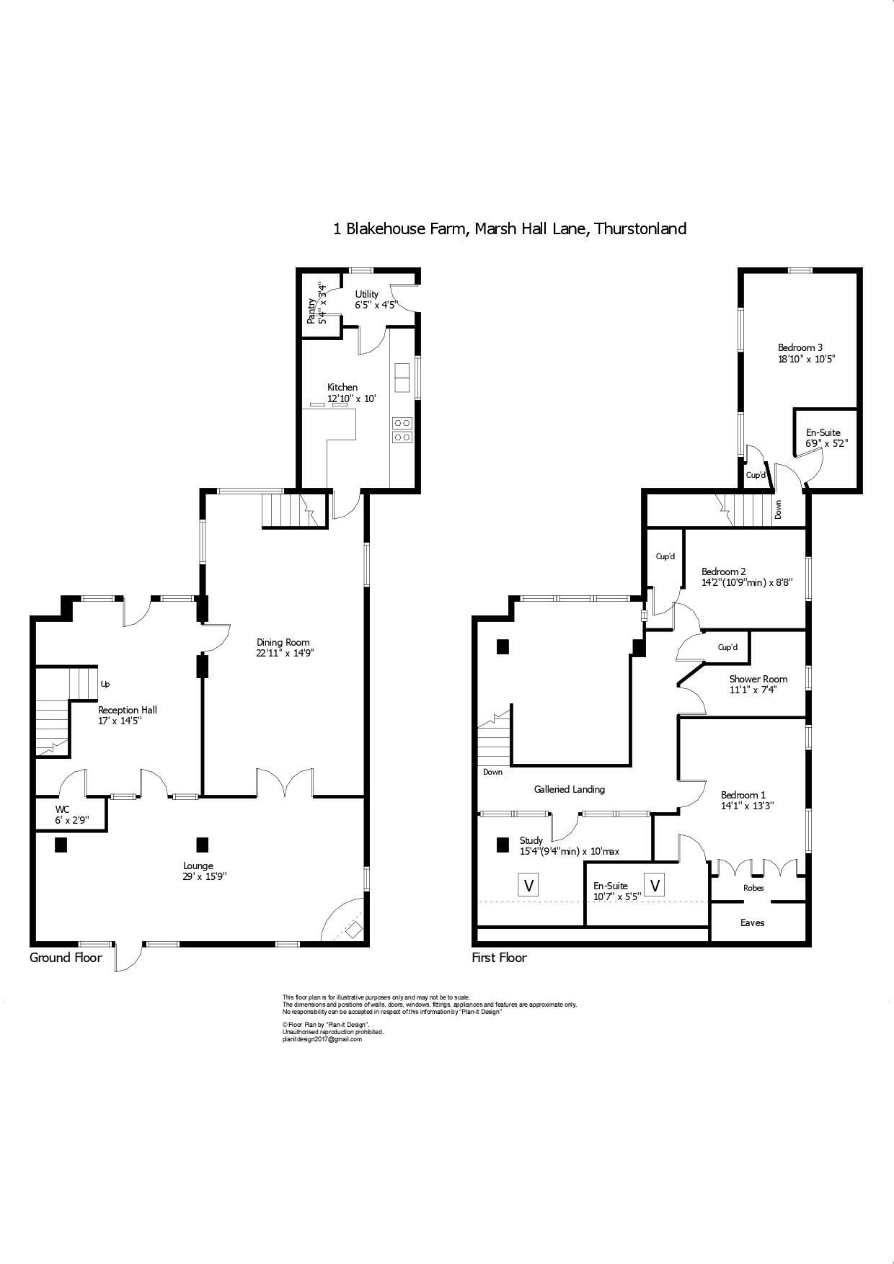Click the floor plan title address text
pyautogui.click(x=509, y=229)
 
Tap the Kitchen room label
pyautogui.click(x=342, y=388)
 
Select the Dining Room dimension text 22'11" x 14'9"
pyautogui.click(x=286, y=654)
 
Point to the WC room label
pyautogui.click(x=62, y=809)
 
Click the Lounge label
pyautogui.click(x=198, y=865)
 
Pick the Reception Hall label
pyautogui.click(x=127, y=710)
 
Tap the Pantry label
pyautogui.click(x=311, y=311)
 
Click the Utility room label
pyautogui.click(x=366, y=294)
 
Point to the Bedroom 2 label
pyautogui.click(x=723, y=571)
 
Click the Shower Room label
pyautogui.click(x=758, y=679)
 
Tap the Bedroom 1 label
pyautogui.click(x=743, y=795)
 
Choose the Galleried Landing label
pyautogui.click(x=569, y=789)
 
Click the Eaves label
pyautogui.click(x=752, y=922)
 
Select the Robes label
pyautogui.click(x=753, y=888)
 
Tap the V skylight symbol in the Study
pyautogui.click(x=529, y=885)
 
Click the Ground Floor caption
pyautogui.click(x=66, y=958)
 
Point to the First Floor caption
pyautogui.click(x=499, y=958)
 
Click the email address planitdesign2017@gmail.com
pyautogui.click(x=322, y=1039)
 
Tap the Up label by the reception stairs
pyautogui.click(x=105, y=684)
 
